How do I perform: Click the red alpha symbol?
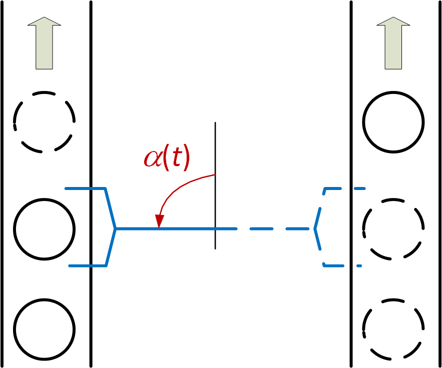point(153,158)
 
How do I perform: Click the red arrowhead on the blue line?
point(160,220)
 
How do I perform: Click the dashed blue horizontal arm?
point(275,229)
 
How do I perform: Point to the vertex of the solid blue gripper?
point(116,229)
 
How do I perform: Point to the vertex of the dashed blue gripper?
point(315,229)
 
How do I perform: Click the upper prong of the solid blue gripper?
point(85,188)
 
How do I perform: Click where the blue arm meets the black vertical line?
point(215,229)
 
